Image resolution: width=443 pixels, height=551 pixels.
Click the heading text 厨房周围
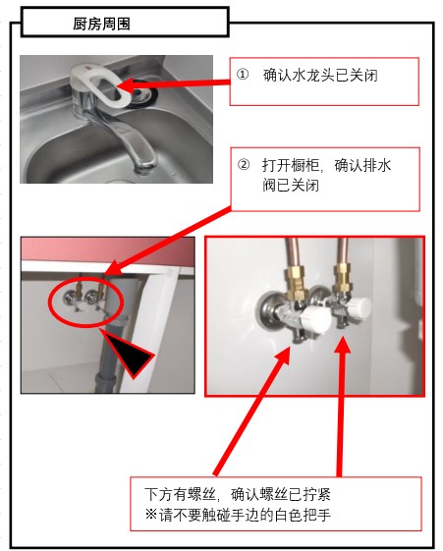(x=101, y=24)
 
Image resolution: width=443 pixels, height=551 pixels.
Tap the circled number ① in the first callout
(x=243, y=75)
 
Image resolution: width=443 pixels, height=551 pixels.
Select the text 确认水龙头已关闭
(x=320, y=76)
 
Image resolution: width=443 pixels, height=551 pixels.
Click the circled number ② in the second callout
(x=244, y=164)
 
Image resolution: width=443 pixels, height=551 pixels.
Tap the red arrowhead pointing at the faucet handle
(x=126, y=85)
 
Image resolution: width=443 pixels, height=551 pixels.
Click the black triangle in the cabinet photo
(x=131, y=355)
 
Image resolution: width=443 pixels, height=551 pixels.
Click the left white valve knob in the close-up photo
(x=317, y=319)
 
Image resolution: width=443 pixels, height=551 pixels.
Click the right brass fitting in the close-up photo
(x=343, y=279)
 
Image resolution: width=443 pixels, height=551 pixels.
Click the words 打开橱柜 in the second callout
(x=291, y=165)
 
